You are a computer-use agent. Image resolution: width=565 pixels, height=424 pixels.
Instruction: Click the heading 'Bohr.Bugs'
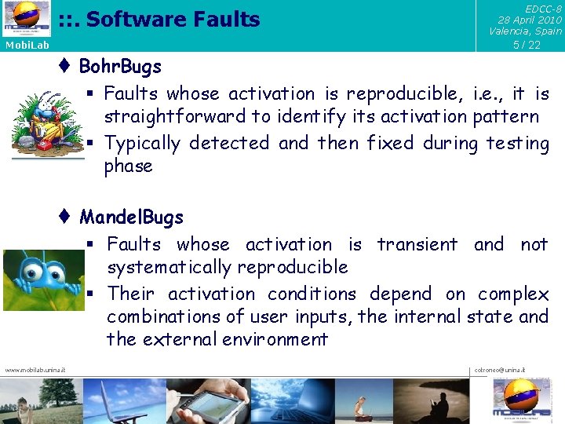pos(120,67)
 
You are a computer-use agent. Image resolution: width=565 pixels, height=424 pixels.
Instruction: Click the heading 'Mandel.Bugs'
pos(131,217)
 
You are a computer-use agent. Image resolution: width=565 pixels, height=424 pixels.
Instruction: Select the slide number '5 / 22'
pos(527,45)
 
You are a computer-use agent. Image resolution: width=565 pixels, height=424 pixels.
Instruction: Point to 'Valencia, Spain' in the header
pos(525,31)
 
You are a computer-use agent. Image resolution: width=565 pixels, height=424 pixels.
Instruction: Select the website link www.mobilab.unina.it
pos(35,370)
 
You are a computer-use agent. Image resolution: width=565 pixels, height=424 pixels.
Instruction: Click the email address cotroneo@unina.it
pos(500,370)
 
